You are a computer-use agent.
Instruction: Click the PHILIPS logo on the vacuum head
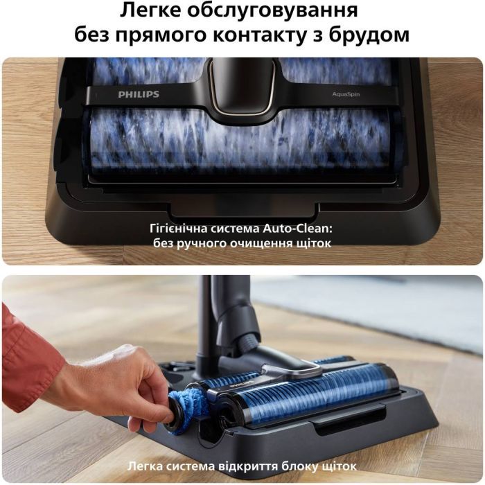click(139, 94)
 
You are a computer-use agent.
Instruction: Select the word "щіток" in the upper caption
click(313, 243)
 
